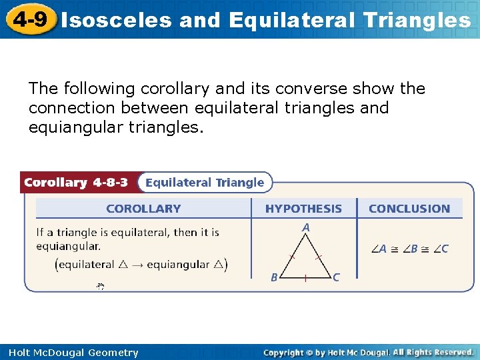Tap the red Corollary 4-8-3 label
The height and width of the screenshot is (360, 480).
coord(75,183)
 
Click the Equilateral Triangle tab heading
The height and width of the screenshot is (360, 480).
coord(205,183)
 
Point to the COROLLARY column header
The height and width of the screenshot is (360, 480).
coord(143,209)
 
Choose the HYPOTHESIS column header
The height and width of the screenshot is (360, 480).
coord(303,209)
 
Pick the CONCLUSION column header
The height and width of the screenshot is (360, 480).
coord(409,209)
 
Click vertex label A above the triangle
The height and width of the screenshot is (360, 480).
coord(306,228)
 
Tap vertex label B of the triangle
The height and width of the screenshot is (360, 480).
coord(274,277)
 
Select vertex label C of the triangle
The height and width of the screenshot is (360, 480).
coord(336,277)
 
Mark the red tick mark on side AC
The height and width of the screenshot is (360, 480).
coord(319,256)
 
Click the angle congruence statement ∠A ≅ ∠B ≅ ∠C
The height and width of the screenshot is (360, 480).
coord(409,249)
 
